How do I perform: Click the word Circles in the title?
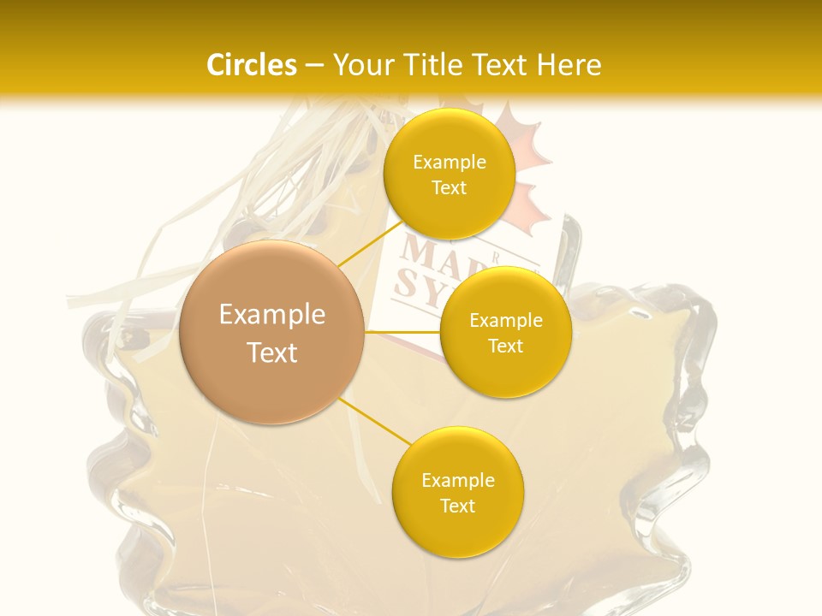coord(252,65)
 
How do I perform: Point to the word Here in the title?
coord(569,65)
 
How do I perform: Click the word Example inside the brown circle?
coord(272,315)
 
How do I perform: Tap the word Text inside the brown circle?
coord(272,352)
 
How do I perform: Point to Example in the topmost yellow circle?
coord(449,163)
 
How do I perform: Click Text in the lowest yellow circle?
coord(457,506)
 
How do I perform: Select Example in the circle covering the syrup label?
coord(505,321)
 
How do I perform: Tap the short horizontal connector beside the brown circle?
coord(402,331)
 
